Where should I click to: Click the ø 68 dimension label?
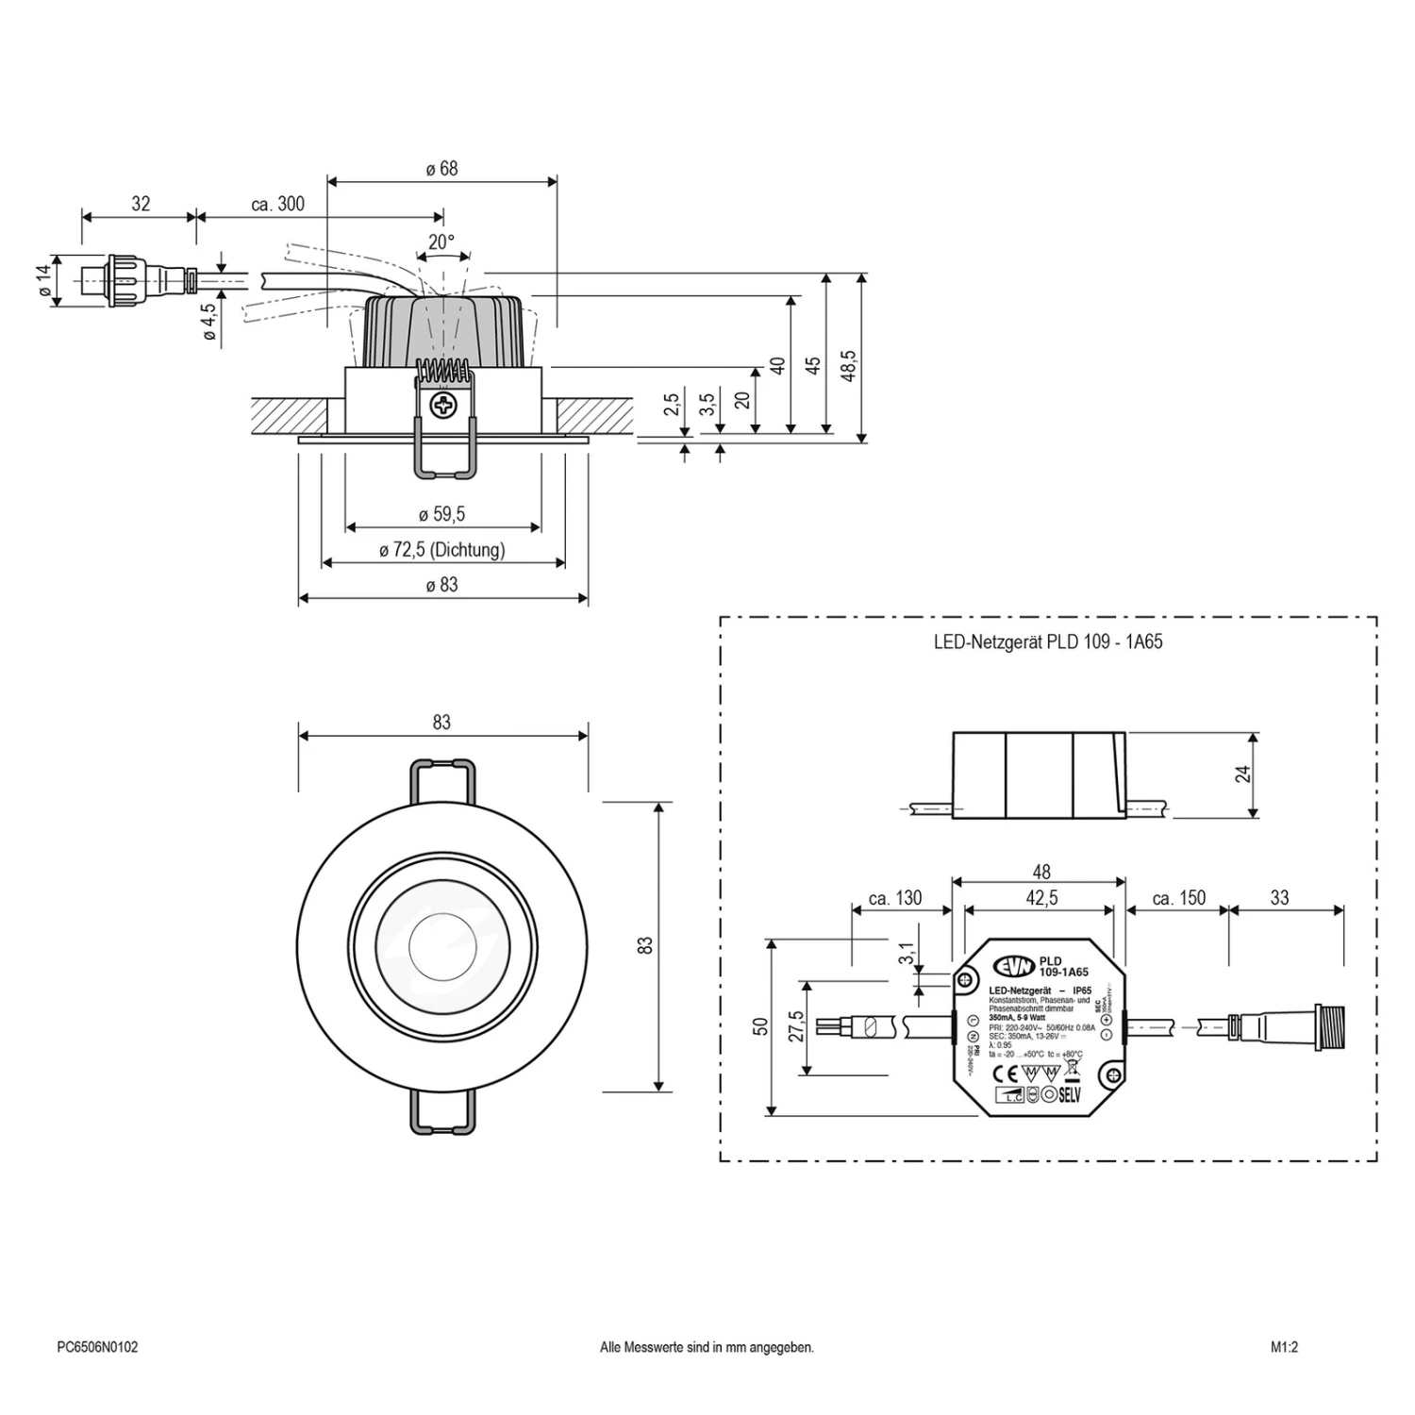pos(441,169)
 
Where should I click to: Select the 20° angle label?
pos(441,242)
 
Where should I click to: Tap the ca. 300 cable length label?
pos(277,204)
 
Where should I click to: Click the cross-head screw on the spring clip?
pos(442,407)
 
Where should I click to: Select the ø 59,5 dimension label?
pos(441,514)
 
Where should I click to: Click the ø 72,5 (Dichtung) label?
pos(441,550)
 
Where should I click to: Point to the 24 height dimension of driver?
pos(1244,774)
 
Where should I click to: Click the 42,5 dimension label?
pos(1040,898)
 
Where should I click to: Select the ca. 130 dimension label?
pos(894,898)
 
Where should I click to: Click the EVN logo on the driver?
pos(1013,966)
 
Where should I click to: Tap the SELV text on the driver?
pos(1069,1095)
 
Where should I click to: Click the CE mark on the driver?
pos(1007,1074)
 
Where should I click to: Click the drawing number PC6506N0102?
pos(97,1347)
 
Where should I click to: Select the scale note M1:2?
pos(1284,1347)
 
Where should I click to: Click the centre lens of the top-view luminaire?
pos(441,944)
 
